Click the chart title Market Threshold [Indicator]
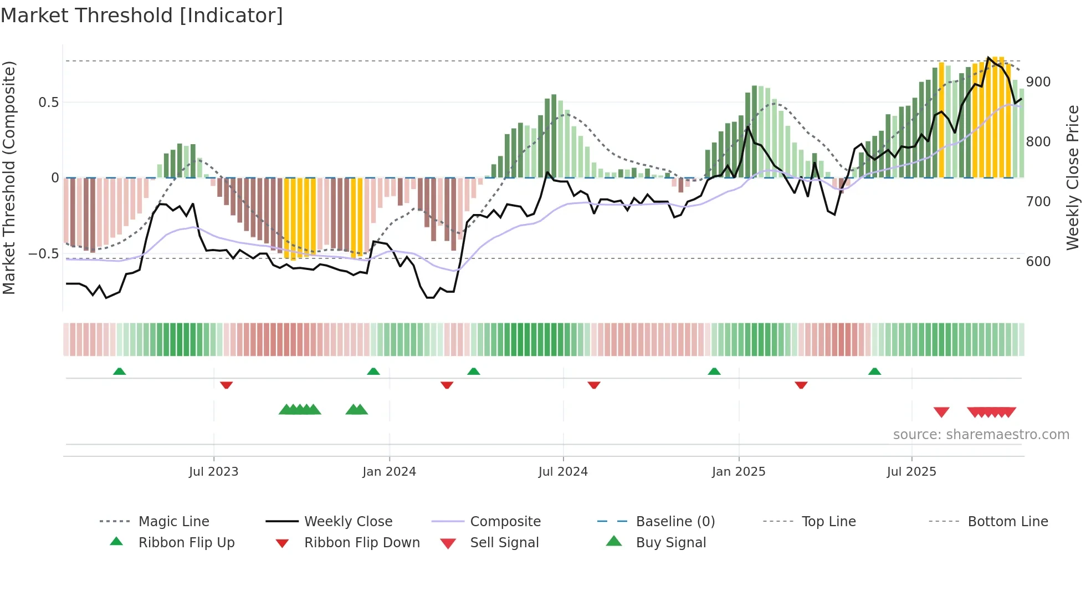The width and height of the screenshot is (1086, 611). coord(142,16)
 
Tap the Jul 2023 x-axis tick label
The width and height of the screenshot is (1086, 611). coord(213,471)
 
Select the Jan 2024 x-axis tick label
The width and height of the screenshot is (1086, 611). coord(389,471)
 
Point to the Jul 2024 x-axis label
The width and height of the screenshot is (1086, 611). coord(563,471)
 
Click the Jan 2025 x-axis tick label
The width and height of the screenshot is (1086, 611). coord(739,471)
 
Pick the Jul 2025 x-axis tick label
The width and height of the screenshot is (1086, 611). coord(911,471)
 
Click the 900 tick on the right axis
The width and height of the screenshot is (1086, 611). coord(1038,82)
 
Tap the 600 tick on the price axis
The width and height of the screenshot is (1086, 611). coord(1038,261)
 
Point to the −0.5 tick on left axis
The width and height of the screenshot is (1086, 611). coord(43,254)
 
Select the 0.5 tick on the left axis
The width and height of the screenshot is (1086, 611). coord(48,103)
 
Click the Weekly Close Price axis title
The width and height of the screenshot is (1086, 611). coord(1073,177)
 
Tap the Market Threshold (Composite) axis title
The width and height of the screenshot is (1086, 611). coord(9,177)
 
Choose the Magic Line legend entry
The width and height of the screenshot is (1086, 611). coord(173,521)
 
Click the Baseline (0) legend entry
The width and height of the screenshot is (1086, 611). coord(675,521)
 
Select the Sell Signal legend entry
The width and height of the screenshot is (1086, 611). coord(504,542)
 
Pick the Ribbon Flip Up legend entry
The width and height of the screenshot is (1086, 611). coord(186,542)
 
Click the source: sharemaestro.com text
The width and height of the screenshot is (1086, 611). coord(981,434)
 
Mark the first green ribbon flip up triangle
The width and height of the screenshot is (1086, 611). coord(119,371)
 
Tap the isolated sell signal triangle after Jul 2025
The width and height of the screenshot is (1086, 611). coord(941,412)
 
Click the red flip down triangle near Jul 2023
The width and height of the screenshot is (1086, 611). coord(226,385)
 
